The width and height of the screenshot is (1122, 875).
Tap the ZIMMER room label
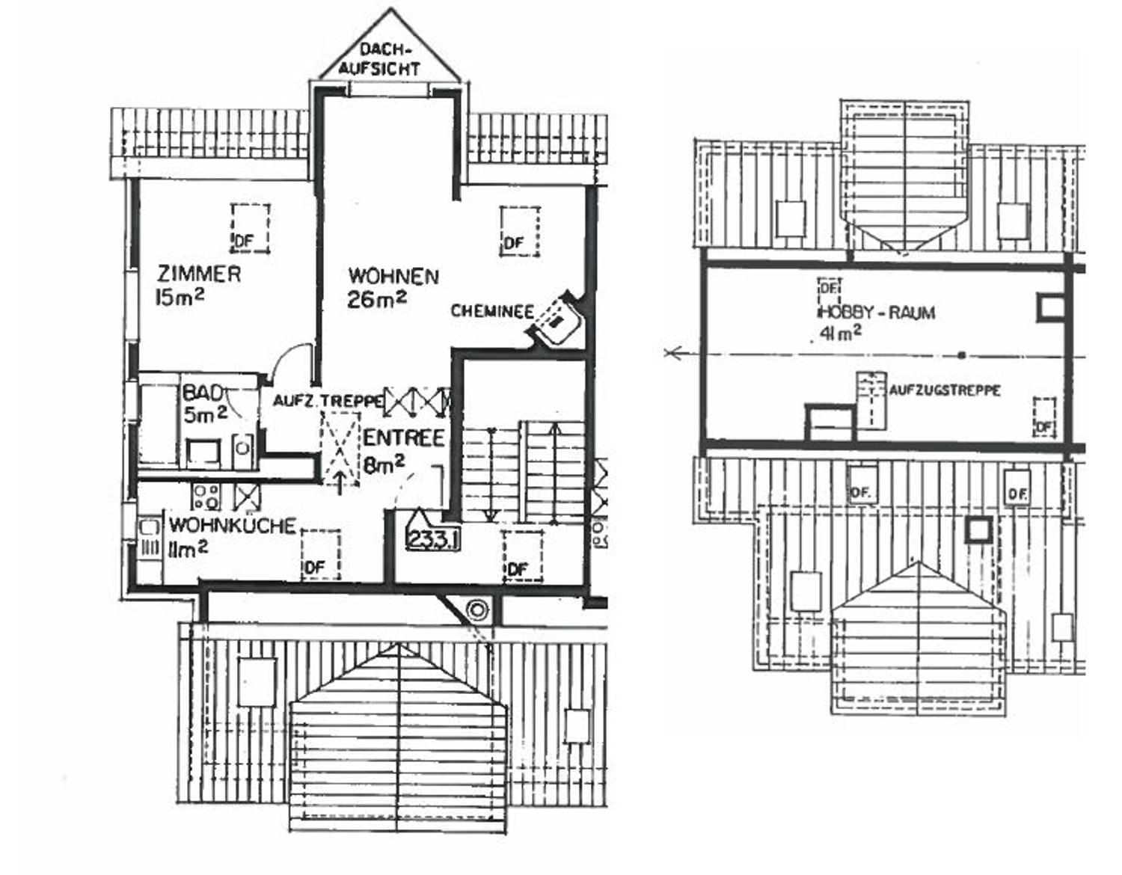[x=199, y=274]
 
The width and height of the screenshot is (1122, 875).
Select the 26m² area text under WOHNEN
[x=377, y=299]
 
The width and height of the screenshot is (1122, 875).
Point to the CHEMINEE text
[x=492, y=311]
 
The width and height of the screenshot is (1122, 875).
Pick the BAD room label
[x=203, y=393]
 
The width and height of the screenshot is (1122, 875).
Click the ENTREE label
[x=404, y=438]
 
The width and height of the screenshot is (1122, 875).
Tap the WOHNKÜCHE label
[x=233, y=526]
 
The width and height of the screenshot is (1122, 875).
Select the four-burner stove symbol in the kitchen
[x=206, y=497]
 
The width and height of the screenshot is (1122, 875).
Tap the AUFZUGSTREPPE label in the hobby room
[x=944, y=390]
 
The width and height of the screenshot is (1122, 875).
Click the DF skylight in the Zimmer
[x=251, y=228]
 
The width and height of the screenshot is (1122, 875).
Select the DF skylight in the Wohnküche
[x=321, y=555]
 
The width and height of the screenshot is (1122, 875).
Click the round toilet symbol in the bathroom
[x=242, y=448]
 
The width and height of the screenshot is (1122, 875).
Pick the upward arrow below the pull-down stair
[x=340, y=481]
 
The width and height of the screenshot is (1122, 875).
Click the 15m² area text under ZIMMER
[x=180, y=297]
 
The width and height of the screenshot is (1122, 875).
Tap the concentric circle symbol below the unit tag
[x=476, y=610]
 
